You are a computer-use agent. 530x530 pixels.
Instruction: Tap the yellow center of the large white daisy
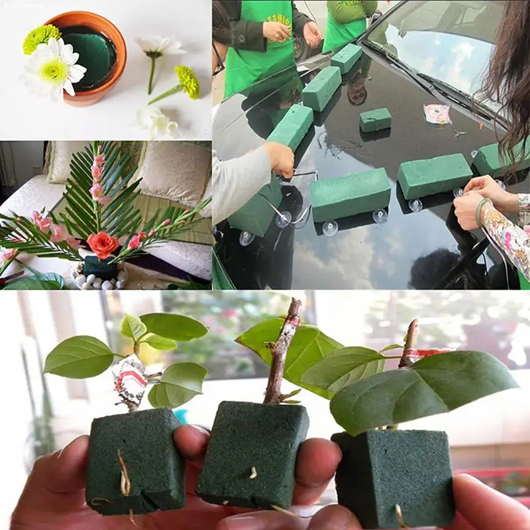54,70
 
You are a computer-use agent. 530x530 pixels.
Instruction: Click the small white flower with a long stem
158,48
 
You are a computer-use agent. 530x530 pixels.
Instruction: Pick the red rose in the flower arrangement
103,245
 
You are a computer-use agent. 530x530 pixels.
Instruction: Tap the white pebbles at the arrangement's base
99,282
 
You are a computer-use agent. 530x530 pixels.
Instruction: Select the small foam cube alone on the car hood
375,120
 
